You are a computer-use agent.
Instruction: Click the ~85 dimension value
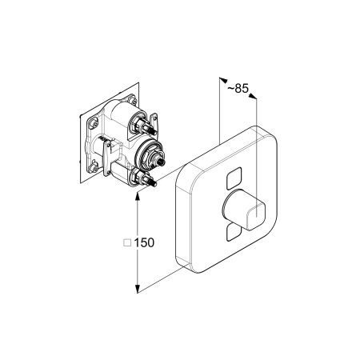click(x=238, y=89)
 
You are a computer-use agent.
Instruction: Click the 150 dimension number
click(x=144, y=242)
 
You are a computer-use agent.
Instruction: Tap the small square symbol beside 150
click(x=127, y=242)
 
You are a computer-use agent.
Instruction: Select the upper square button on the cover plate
click(x=234, y=178)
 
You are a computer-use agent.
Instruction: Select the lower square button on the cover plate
click(x=234, y=233)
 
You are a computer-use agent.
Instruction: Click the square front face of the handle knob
click(x=256, y=216)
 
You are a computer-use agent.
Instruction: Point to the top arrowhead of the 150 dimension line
click(x=138, y=197)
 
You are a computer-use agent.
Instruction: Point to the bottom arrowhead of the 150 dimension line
click(x=138, y=289)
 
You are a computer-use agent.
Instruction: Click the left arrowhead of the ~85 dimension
click(x=223, y=80)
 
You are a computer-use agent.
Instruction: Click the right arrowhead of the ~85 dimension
click(x=253, y=96)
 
